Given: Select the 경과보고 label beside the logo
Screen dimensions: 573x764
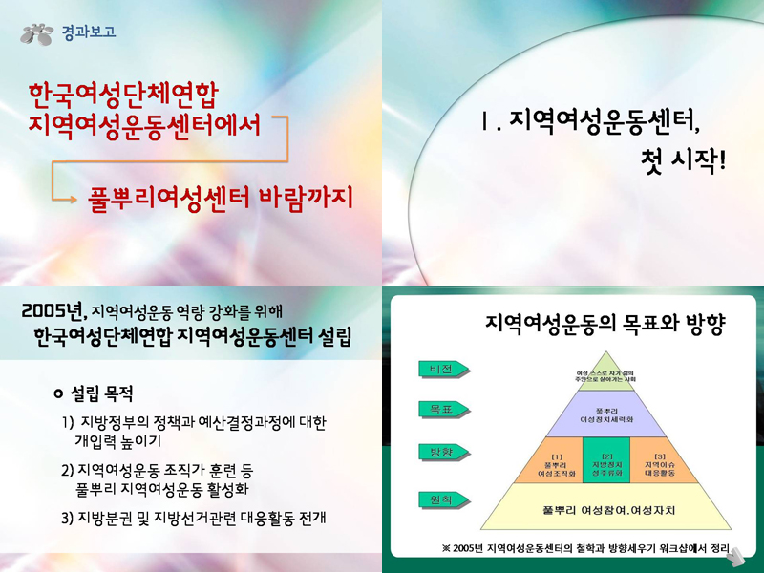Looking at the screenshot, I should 89,32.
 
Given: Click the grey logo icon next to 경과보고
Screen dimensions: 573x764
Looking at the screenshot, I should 38,33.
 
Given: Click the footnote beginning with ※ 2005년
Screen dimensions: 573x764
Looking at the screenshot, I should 584,548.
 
